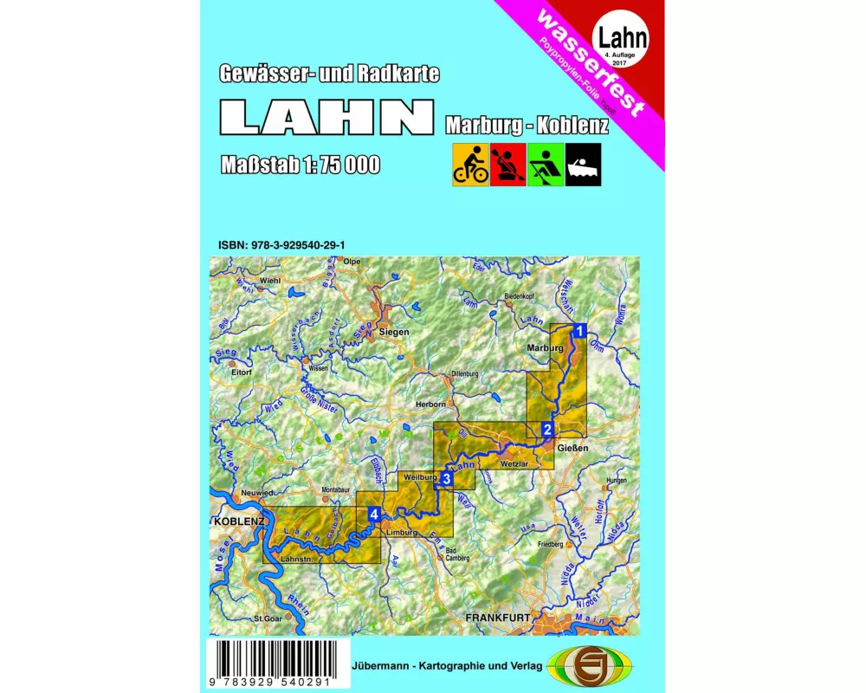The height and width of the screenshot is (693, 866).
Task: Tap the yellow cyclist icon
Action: (x=470, y=165)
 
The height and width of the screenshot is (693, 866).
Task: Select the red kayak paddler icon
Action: (x=507, y=165)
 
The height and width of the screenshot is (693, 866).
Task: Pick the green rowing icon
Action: (x=546, y=165)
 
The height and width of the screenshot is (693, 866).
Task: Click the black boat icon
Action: (x=583, y=165)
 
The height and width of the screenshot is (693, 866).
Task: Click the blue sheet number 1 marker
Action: (x=581, y=330)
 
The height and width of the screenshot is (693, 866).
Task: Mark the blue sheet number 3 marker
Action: (x=446, y=478)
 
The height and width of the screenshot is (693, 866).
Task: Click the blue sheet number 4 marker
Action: (x=372, y=515)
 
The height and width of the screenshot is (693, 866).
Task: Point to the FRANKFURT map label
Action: (x=498, y=618)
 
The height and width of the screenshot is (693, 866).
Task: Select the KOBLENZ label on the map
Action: (x=238, y=522)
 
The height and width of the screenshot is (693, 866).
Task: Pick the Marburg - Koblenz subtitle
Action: (x=527, y=124)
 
